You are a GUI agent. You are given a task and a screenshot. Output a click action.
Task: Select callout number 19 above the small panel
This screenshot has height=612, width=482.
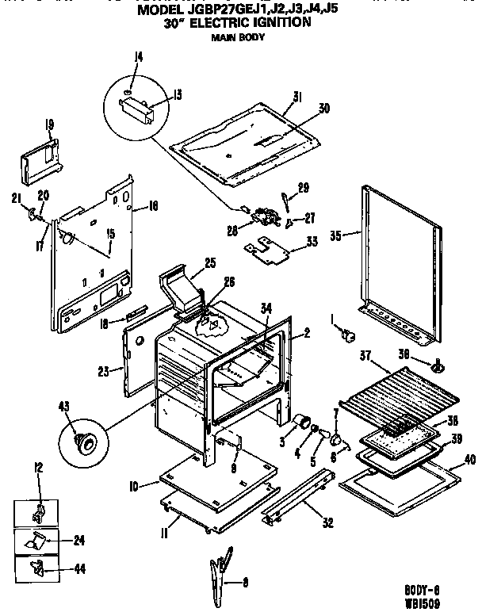49,124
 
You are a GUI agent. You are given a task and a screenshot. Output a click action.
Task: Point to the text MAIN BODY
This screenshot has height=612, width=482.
237,37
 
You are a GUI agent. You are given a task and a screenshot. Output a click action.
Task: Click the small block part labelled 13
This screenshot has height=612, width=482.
140,108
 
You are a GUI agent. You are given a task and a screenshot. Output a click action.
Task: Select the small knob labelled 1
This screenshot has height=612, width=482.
346,337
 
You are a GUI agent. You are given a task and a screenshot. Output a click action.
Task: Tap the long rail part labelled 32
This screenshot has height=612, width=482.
297,495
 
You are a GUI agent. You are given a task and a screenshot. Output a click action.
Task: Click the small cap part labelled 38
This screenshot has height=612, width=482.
434,366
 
